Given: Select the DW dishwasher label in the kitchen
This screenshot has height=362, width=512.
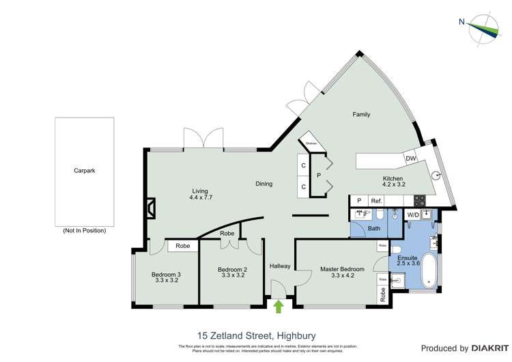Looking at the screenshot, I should click(x=411, y=159).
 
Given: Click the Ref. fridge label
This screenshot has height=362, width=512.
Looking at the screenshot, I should click(x=376, y=201).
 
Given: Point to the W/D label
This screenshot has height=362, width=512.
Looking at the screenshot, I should click(x=413, y=215).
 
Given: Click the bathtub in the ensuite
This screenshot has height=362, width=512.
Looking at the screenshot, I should click(x=429, y=270).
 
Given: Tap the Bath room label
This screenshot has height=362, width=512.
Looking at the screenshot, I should click(x=373, y=228).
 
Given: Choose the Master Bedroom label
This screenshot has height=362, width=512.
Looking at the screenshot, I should click(x=342, y=269).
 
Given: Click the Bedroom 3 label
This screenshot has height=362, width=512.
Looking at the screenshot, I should click(x=167, y=275).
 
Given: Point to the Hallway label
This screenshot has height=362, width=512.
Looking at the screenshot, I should click(x=280, y=266).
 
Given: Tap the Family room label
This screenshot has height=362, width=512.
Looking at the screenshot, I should click(x=361, y=114).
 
